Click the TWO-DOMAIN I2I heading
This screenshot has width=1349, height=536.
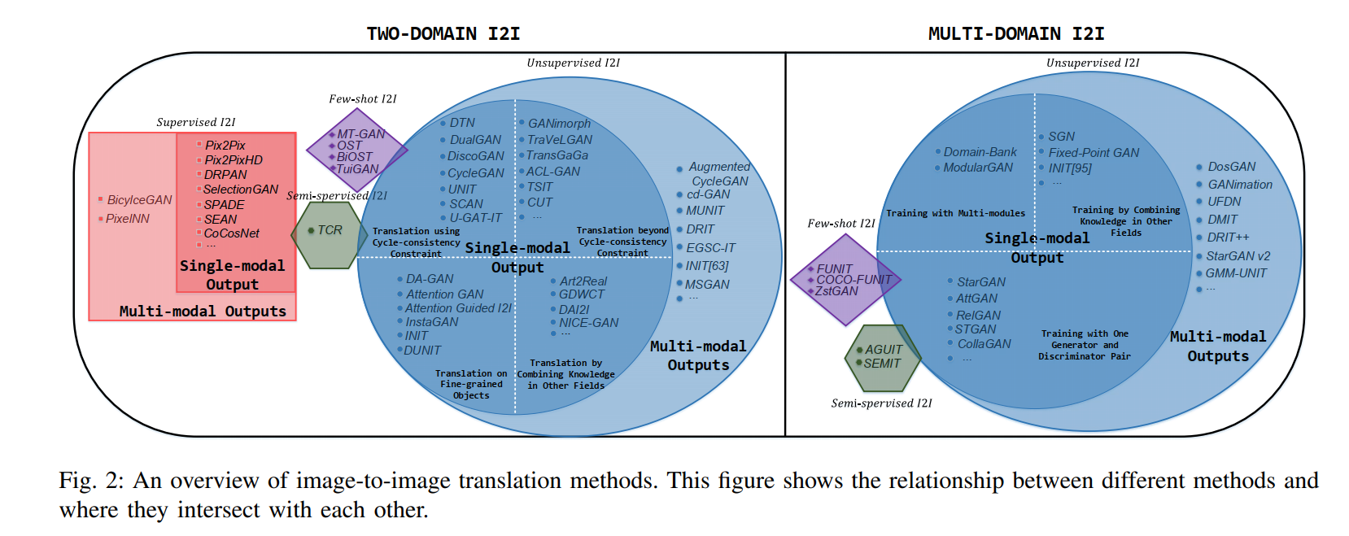point(443,33)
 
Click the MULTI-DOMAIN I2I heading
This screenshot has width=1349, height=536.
point(1015,33)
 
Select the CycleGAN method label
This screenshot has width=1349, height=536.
point(476,173)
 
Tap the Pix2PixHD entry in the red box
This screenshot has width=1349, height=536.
point(234,160)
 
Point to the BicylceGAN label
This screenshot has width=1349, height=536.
point(139,200)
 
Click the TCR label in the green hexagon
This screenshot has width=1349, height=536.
point(330,230)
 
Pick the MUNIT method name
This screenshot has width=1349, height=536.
point(705,211)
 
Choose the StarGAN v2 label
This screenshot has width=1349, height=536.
point(1238,256)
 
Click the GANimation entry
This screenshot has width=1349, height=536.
point(1240,185)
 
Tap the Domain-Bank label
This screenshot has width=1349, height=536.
point(980,152)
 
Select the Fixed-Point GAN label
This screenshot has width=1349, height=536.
point(1094,153)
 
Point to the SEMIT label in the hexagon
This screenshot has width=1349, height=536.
point(882,364)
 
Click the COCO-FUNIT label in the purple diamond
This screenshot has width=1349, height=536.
point(853,280)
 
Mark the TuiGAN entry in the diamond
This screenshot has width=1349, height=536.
point(357,169)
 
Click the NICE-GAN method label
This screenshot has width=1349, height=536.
point(588,323)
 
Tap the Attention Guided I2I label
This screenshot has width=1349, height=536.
point(458,308)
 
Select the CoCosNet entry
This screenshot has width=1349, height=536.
point(231,233)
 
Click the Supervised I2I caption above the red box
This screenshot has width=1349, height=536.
point(196,122)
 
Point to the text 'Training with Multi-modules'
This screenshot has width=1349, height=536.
point(955,213)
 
